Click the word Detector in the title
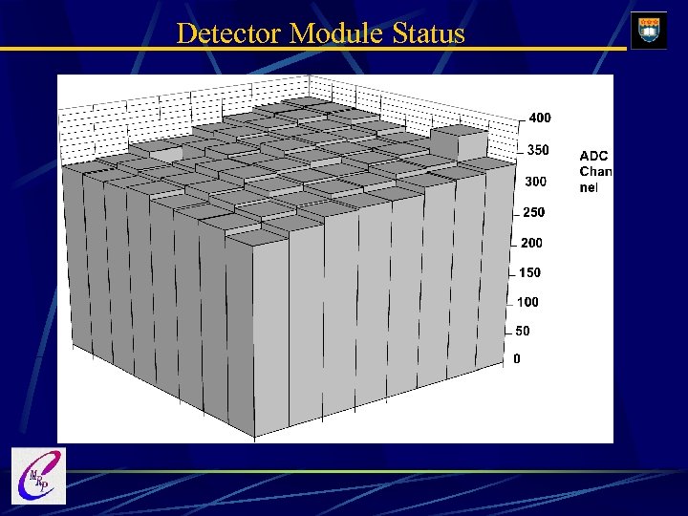(229, 33)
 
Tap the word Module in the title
(336, 33)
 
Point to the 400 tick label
(540, 118)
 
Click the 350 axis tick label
(538, 150)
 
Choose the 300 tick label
(535, 182)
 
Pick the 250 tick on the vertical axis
(533, 212)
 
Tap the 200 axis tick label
(531, 243)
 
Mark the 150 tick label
(529, 272)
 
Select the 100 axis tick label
(527, 302)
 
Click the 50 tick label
(522, 331)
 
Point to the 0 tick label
(517, 359)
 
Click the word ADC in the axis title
(593, 156)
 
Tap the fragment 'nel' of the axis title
(589, 187)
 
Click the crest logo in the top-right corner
(650, 29)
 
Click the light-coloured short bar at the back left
(164, 152)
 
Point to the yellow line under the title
(315, 49)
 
